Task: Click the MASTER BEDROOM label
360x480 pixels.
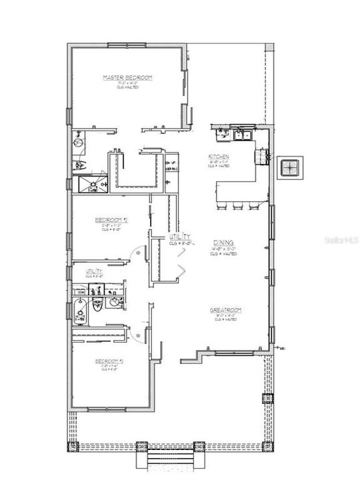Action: pyautogui.click(x=127, y=78)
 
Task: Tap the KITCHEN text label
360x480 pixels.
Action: pyautogui.click(x=219, y=157)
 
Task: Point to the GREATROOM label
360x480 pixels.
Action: pyautogui.click(x=225, y=310)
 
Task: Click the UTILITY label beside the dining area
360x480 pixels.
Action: pyautogui.click(x=181, y=237)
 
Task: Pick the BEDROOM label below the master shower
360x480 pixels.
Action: pyautogui.click(x=106, y=219)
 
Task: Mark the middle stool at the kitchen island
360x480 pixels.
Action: pyautogui.click(x=237, y=207)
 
